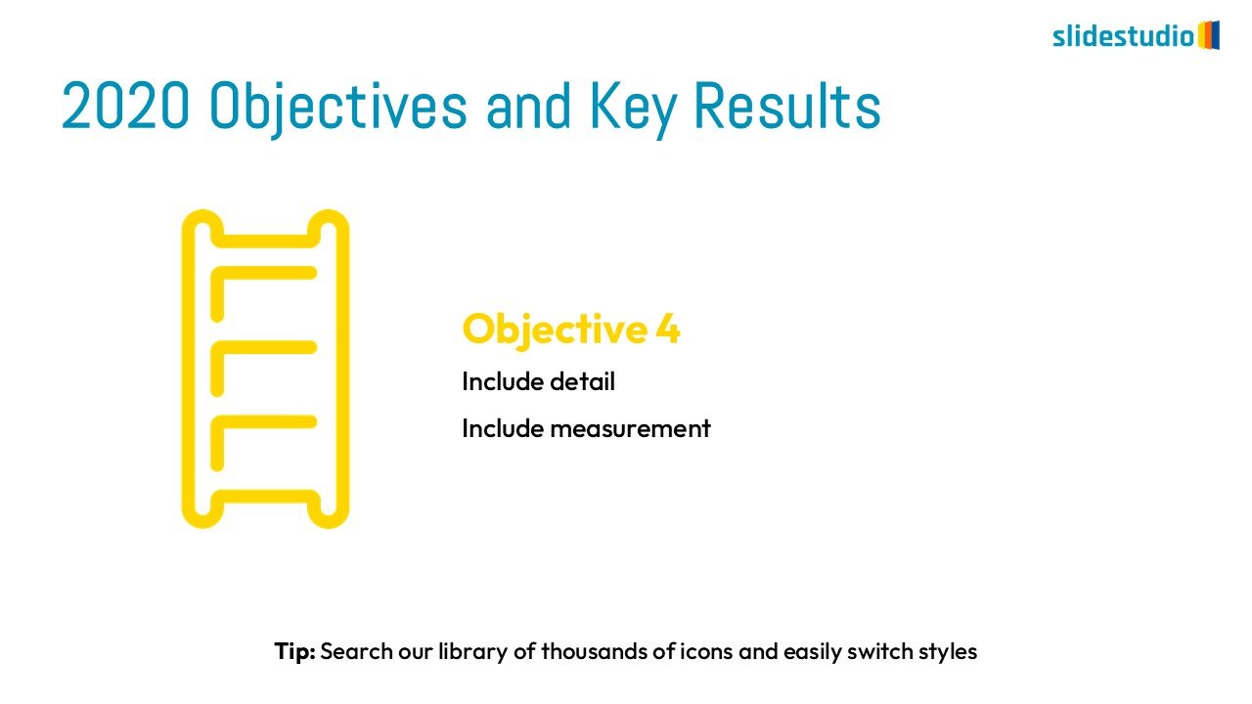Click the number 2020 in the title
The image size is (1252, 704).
(125, 106)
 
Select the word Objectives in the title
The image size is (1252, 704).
(338, 109)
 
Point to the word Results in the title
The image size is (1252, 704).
(787, 106)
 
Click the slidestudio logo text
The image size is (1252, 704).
(1124, 36)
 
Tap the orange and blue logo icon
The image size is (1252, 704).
(1208, 35)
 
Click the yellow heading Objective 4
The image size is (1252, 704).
(571, 330)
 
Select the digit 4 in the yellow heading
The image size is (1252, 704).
(667, 330)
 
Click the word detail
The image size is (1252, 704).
(582, 381)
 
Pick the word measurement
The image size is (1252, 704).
(631, 429)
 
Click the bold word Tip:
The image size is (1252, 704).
(295, 651)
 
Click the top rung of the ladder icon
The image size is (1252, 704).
(266, 242)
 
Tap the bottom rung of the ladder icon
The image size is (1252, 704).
(266, 496)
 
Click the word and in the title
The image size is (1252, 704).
(529, 107)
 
